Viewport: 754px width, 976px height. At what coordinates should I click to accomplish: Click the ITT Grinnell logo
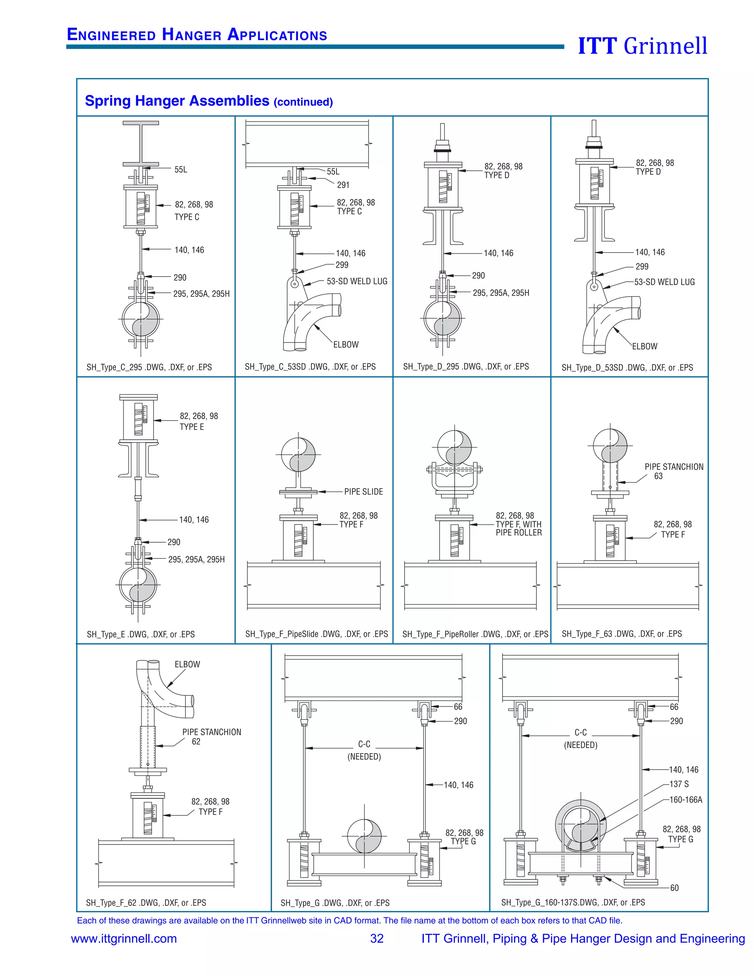coord(642,46)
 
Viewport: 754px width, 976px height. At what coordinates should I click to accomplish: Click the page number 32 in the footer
coord(377,938)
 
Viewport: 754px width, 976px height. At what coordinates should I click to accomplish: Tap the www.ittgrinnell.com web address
coord(124,938)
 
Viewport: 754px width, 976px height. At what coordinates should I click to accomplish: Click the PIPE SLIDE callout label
coord(363,492)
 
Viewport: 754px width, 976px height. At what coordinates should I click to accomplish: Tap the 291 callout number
coord(343,185)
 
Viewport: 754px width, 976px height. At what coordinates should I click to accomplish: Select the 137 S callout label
coord(679,784)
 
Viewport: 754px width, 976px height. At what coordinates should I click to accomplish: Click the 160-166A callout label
coord(686,800)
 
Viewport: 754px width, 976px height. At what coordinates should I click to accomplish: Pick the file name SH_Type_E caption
coord(141,634)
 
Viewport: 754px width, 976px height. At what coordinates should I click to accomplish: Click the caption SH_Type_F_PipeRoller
coord(475,634)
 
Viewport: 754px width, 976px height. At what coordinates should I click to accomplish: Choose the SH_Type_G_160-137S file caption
coord(572,902)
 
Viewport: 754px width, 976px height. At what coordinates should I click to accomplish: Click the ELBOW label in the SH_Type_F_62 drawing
coord(187,664)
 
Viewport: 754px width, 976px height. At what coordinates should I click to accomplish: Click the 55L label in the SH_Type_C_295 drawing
coord(180,170)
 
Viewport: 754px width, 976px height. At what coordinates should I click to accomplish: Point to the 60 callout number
coord(674,888)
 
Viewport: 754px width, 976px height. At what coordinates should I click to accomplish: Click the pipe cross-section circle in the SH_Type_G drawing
coord(364,836)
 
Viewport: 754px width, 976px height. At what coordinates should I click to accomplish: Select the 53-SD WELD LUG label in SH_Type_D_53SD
coord(664,282)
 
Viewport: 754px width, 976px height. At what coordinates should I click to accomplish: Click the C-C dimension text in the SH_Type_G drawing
coord(364,744)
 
